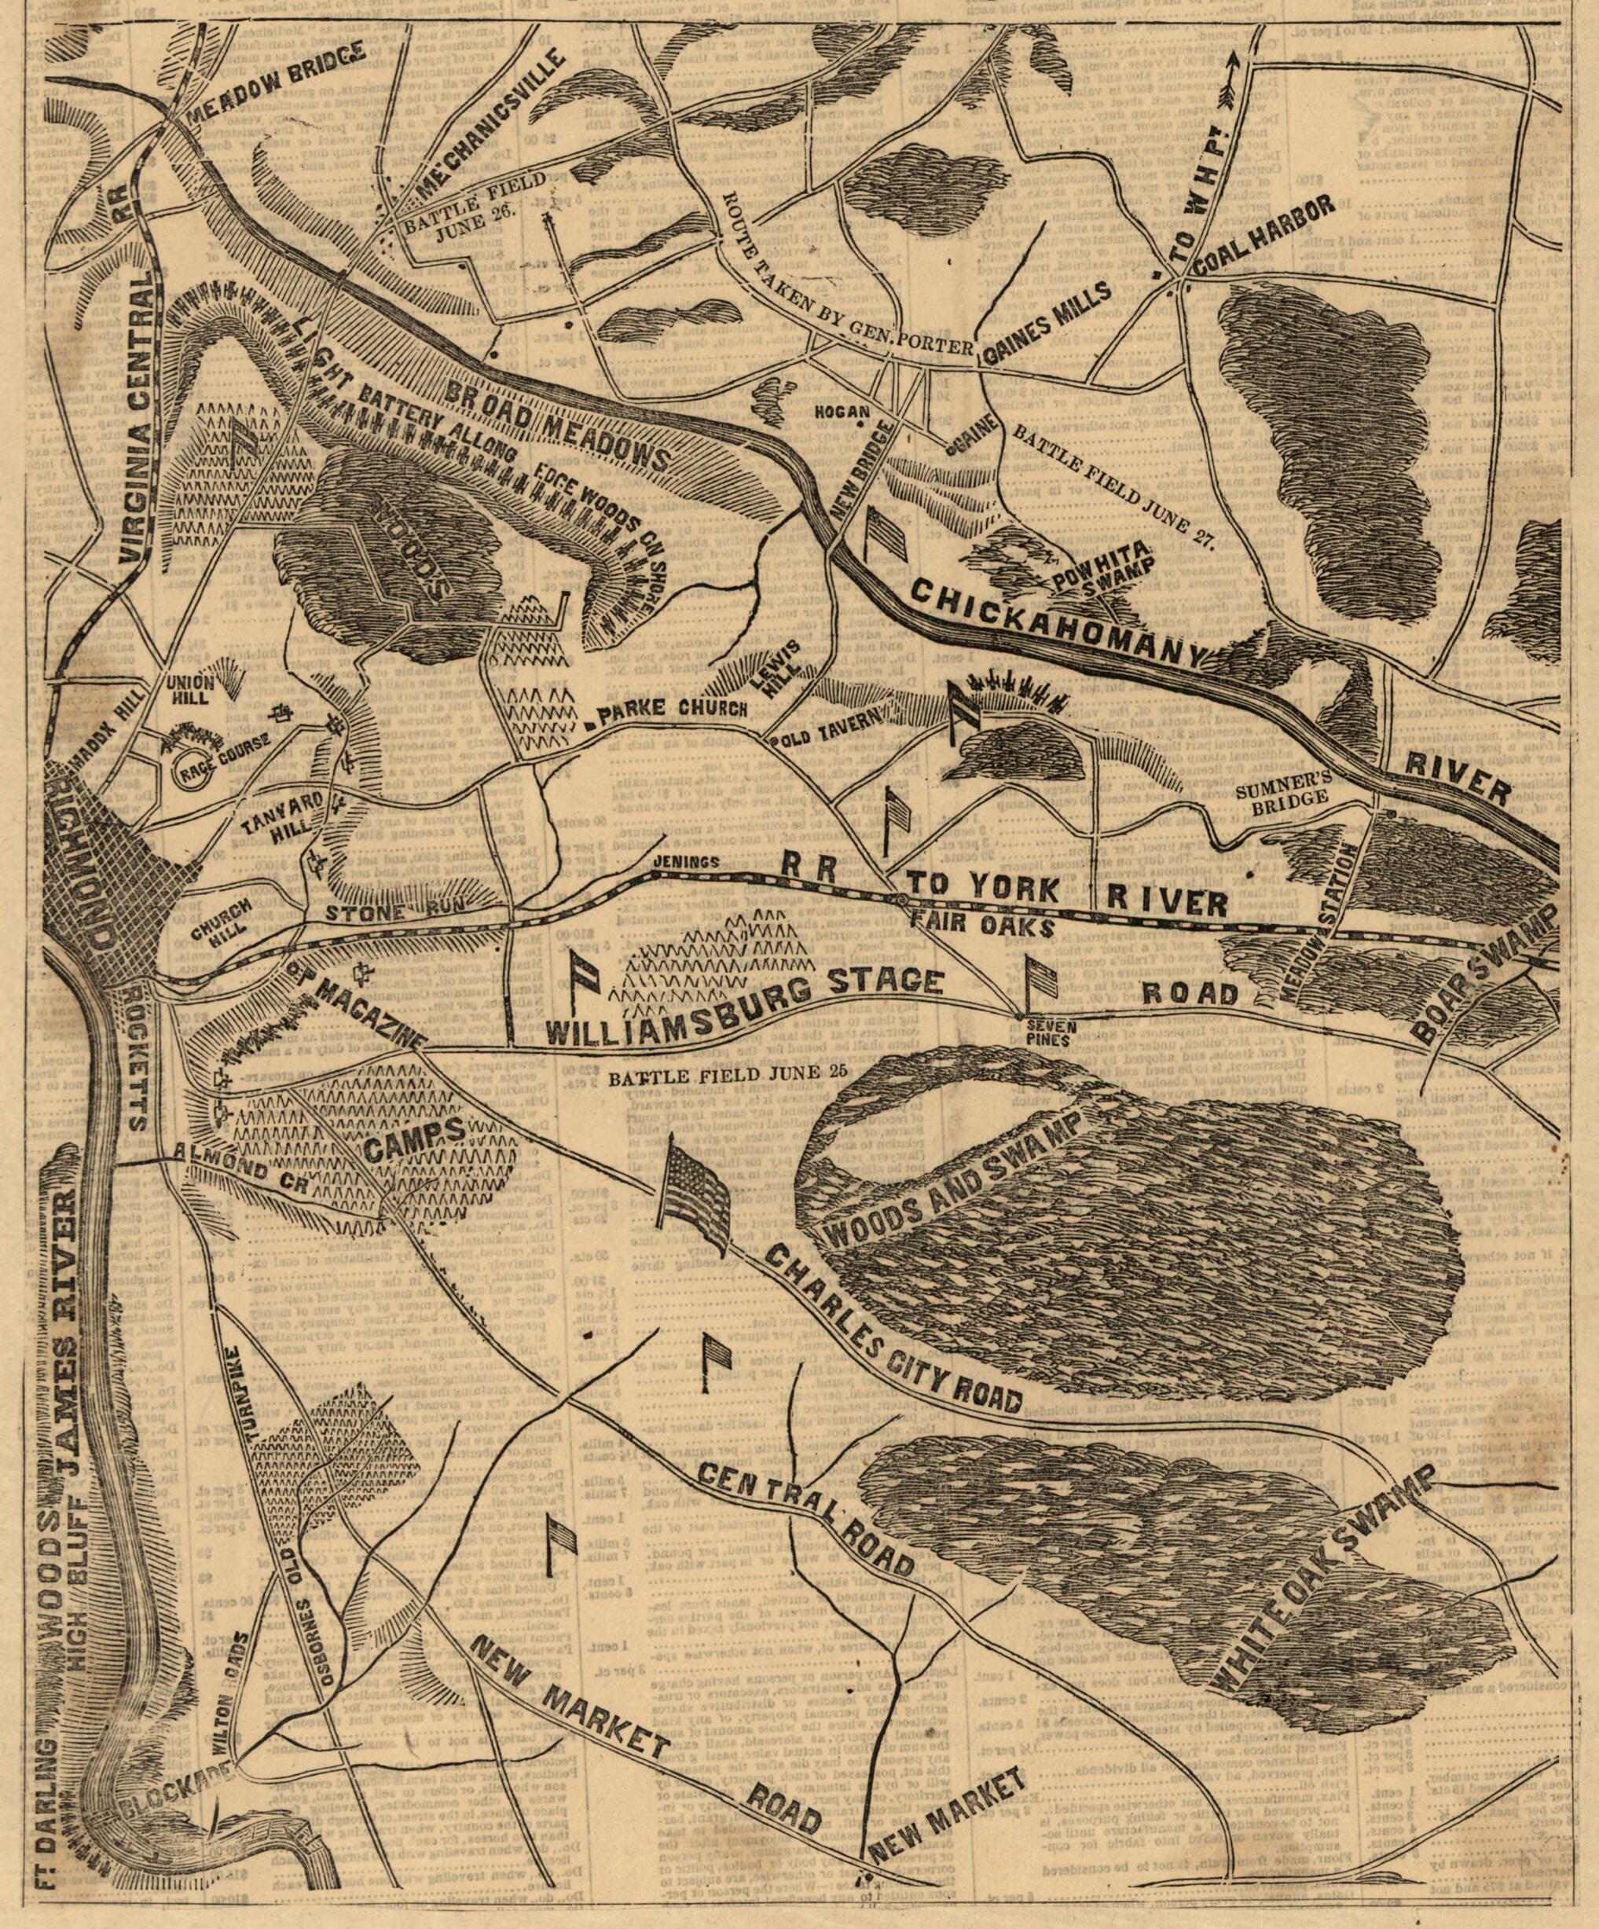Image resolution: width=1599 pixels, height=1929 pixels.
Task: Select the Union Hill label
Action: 190,690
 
